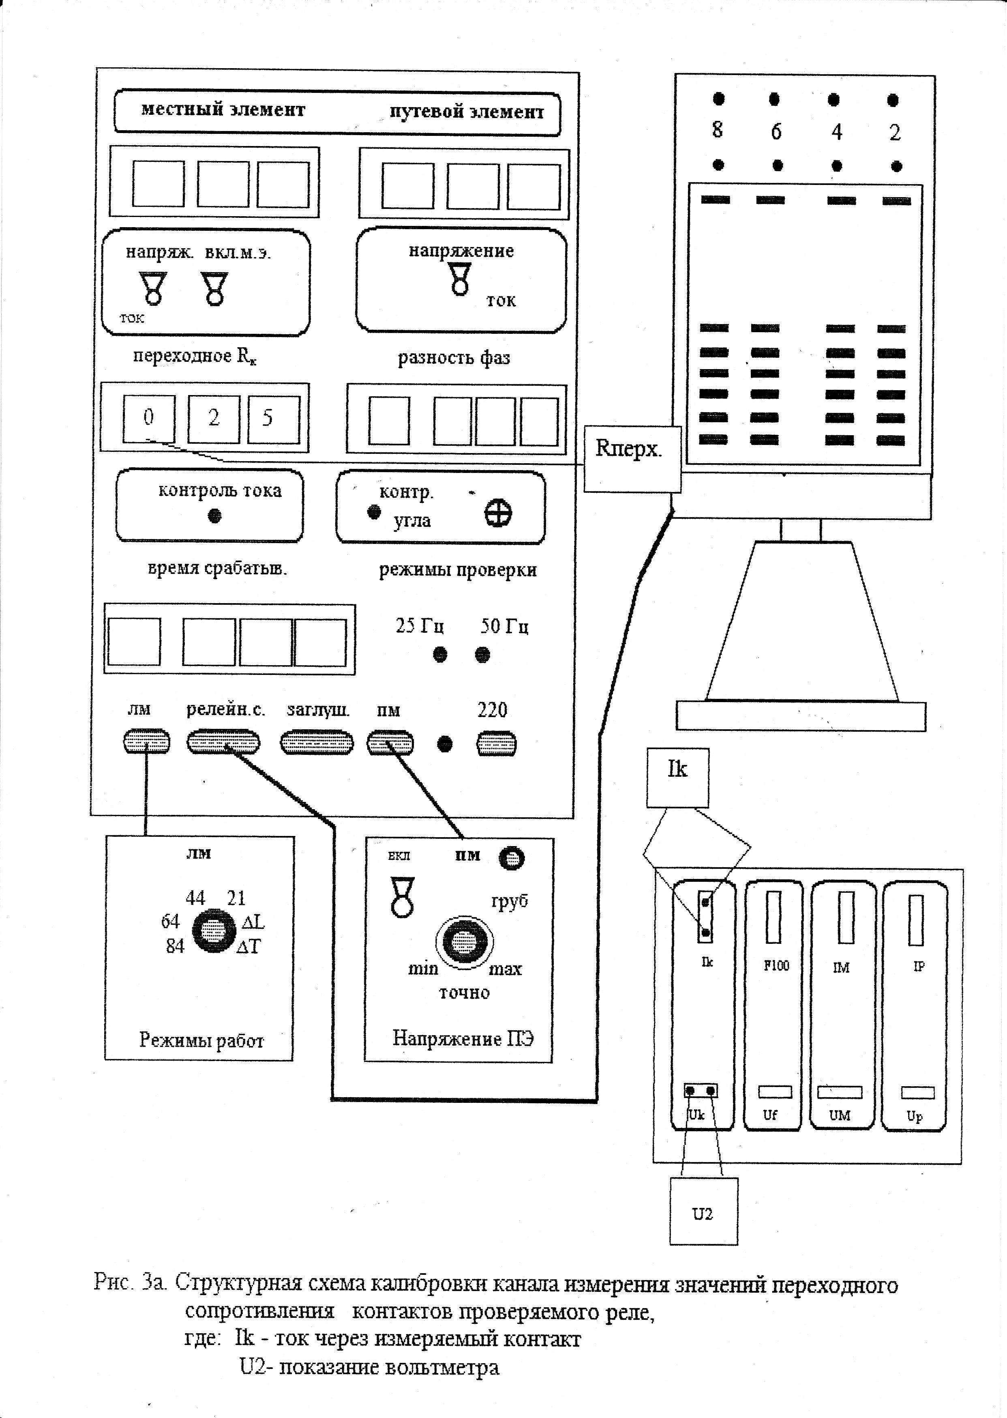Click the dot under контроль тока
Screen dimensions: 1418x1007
[x=214, y=516]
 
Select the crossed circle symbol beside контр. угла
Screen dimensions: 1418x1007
[x=498, y=513]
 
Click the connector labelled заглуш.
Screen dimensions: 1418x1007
[x=317, y=743]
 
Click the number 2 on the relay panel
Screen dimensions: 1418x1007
[x=894, y=132]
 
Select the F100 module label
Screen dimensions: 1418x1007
[x=776, y=966]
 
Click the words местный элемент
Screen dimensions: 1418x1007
[x=223, y=110]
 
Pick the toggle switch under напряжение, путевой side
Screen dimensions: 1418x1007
[x=460, y=279]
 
